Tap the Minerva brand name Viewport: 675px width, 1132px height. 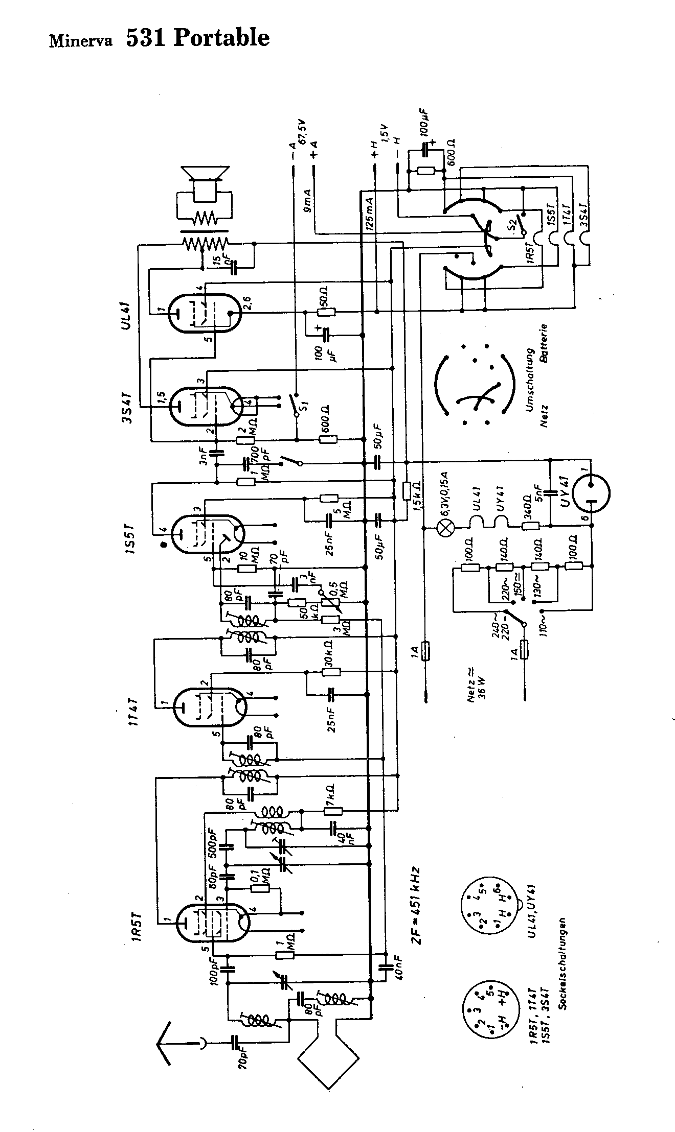tap(80, 41)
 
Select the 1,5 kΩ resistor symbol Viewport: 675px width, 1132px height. tap(407, 491)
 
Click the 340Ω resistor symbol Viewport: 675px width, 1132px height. tap(530, 526)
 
